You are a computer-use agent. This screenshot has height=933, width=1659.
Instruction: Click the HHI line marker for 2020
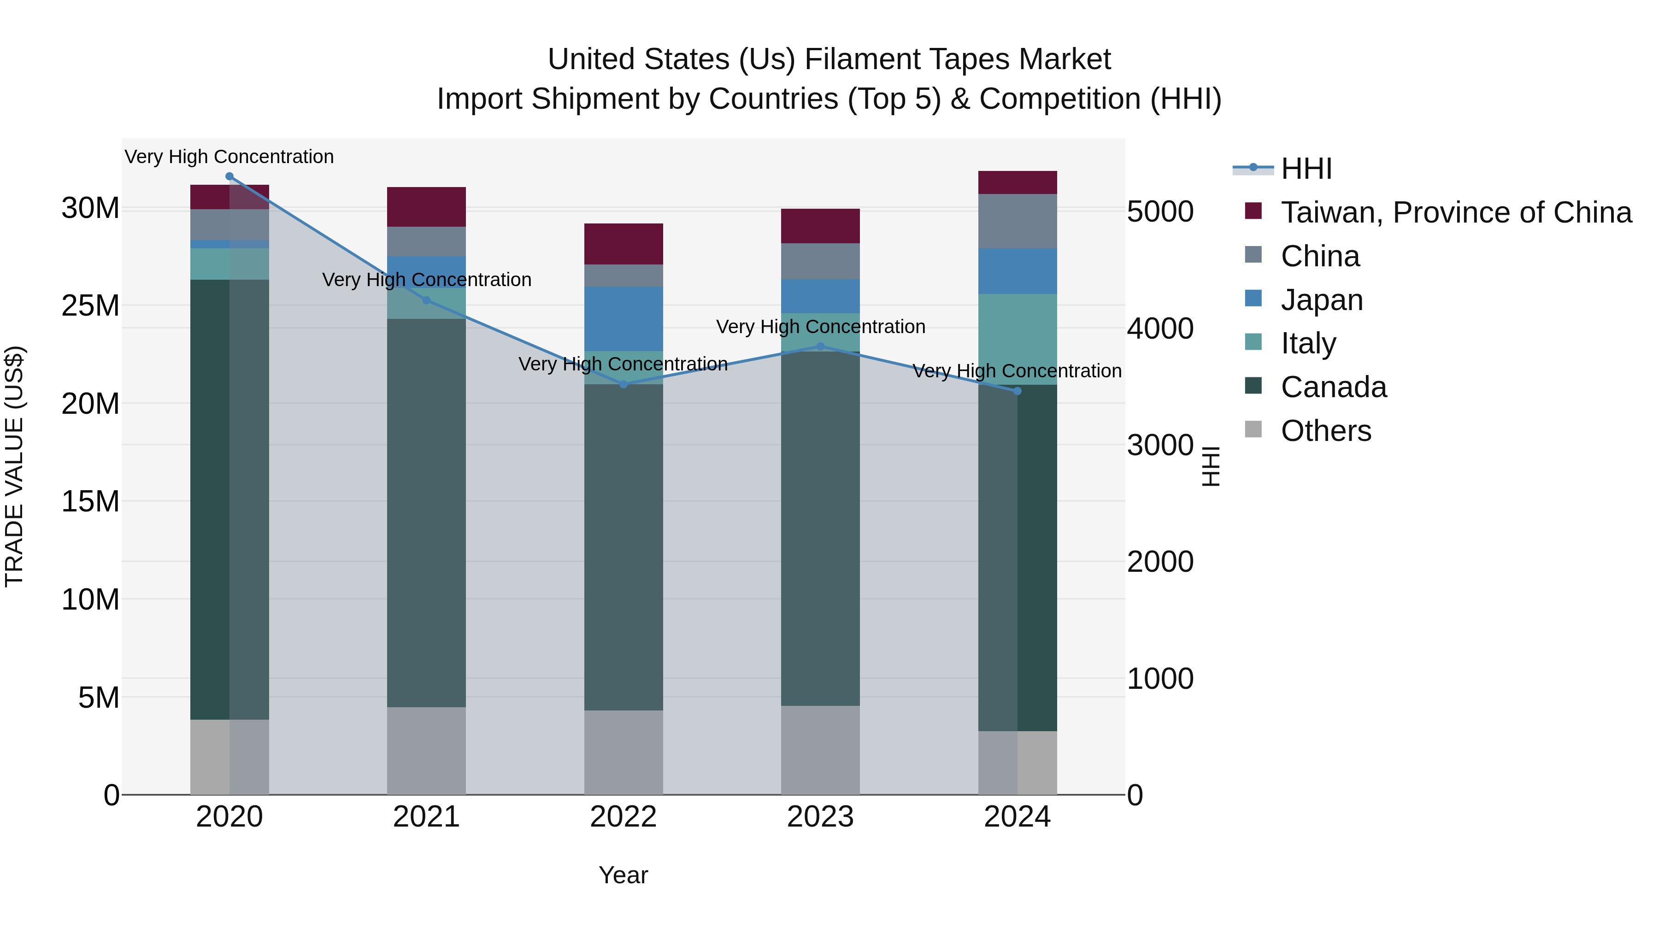coord(229,176)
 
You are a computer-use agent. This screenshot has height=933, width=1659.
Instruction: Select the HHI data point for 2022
coord(624,384)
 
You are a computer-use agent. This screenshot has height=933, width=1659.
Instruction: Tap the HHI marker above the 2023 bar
coord(820,346)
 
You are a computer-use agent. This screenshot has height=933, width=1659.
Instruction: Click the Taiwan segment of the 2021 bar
coord(426,207)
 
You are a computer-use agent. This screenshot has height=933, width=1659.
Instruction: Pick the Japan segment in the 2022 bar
coord(624,319)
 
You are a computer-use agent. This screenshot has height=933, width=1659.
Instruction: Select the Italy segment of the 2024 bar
coord(1018,339)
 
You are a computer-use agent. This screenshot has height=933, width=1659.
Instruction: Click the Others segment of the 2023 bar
coord(820,750)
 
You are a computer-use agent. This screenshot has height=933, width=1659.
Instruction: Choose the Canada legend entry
coord(1333,387)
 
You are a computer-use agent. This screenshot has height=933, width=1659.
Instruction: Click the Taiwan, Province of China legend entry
coord(1455,212)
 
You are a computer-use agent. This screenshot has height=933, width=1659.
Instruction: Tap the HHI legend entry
coord(1306,169)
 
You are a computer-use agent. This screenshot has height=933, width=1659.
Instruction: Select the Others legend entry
coord(1325,431)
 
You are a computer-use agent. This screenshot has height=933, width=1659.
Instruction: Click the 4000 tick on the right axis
coord(1160,329)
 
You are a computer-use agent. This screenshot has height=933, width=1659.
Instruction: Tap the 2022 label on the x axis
coord(624,817)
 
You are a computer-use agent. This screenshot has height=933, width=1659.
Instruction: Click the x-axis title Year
coord(624,875)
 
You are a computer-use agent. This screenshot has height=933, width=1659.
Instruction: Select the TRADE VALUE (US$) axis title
coord(14,466)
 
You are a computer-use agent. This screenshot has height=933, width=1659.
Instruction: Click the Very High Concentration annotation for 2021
coord(426,280)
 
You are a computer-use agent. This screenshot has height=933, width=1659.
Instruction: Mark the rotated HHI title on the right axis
coord(1211,466)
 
